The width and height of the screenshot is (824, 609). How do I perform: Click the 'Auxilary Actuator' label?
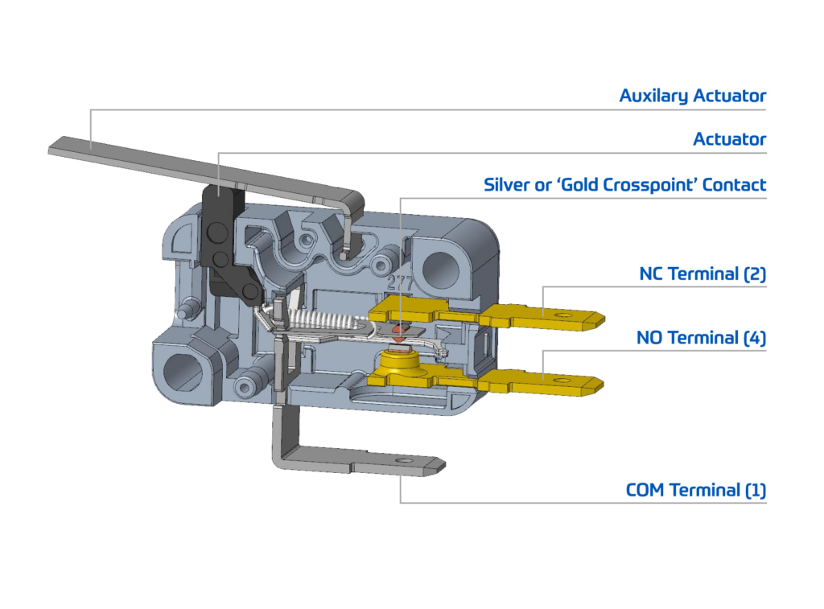692,96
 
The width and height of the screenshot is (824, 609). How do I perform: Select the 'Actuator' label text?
729,139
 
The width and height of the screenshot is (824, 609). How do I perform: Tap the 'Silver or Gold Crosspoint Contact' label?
624,184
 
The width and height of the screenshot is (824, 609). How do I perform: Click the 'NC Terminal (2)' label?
702,274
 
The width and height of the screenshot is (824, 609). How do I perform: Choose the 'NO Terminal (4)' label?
701,337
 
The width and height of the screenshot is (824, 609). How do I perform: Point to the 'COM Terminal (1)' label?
696,490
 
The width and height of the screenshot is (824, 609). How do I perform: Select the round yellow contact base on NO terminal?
399,360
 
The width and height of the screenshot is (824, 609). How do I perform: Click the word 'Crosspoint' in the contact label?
649,184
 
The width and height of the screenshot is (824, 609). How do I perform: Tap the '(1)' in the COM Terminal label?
756,490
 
